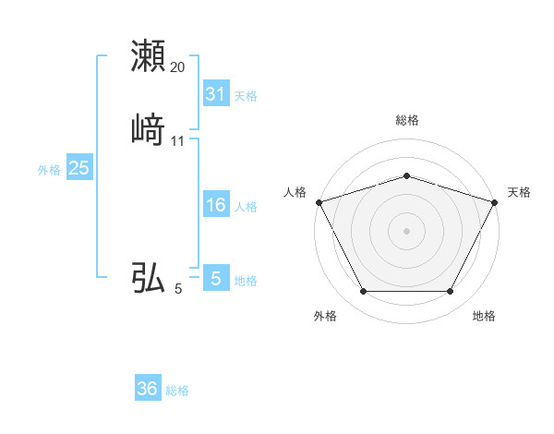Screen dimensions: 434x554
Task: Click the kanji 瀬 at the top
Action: point(149,55)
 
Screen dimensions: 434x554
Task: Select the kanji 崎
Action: point(149,130)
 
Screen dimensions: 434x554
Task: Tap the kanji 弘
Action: point(149,276)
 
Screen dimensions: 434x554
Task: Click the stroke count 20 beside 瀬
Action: point(177,67)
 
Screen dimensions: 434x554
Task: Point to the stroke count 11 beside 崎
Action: point(177,141)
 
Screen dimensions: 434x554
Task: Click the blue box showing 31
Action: point(215,93)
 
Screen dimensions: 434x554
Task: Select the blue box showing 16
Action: point(215,205)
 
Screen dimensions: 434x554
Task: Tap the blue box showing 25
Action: point(78,168)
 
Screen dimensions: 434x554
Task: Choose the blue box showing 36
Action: point(148,389)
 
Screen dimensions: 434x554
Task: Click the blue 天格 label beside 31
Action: point(245,95)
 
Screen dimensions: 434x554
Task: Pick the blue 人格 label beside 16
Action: point(245,207)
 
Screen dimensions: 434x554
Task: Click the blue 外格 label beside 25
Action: point(49,170)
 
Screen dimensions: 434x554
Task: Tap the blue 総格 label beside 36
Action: point(177,391)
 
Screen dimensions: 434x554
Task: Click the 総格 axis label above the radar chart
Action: point(407,120)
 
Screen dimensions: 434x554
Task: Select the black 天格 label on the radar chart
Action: point(520,192)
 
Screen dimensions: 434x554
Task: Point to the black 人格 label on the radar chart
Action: point(295,192)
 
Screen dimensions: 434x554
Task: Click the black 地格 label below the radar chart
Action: point(484,316)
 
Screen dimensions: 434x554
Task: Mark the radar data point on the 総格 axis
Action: point(407,175)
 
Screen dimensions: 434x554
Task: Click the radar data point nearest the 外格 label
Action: point(363,291)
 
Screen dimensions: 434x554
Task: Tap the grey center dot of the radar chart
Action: point(407,230)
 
